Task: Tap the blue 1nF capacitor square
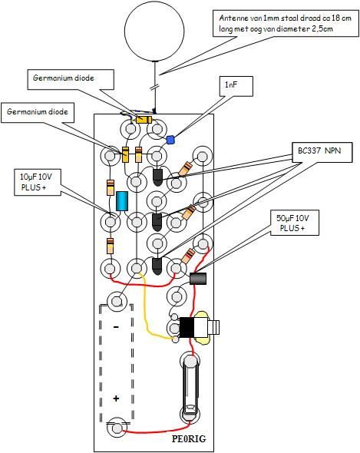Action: (170, 140)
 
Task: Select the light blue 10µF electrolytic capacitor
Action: (121, 201)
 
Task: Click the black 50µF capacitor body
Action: (198, 279)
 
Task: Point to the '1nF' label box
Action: (236, 86)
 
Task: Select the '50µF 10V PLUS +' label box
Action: (295, 223)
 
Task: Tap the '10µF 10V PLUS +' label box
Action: (38, 182)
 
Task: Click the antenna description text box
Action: (286, 23)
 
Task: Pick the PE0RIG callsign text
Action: (190, 438)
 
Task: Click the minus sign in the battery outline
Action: (116, 327)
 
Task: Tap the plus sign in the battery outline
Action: (116, 398)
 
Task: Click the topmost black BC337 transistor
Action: (157, 177)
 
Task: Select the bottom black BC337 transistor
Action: (157, 266)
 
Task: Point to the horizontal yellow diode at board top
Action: (144, 120)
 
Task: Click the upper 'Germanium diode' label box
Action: (71, 79)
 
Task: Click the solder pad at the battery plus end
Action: (117, 428)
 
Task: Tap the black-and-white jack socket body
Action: (193, 327)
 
